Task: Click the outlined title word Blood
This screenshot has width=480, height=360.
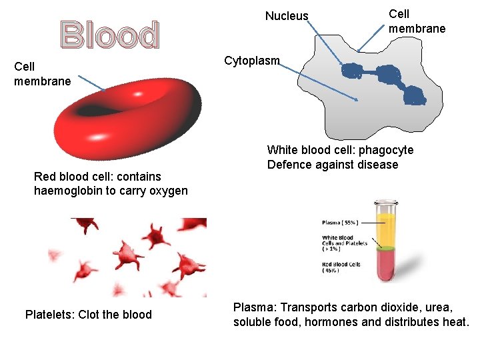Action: pos(110,35)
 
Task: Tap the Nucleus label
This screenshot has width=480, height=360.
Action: pos(287,16)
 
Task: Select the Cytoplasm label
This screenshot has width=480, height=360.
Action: pos(251,61)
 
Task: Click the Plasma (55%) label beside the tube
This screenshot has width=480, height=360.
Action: pos(341,223)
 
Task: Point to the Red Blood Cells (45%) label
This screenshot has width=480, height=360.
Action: pos(341,267)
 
